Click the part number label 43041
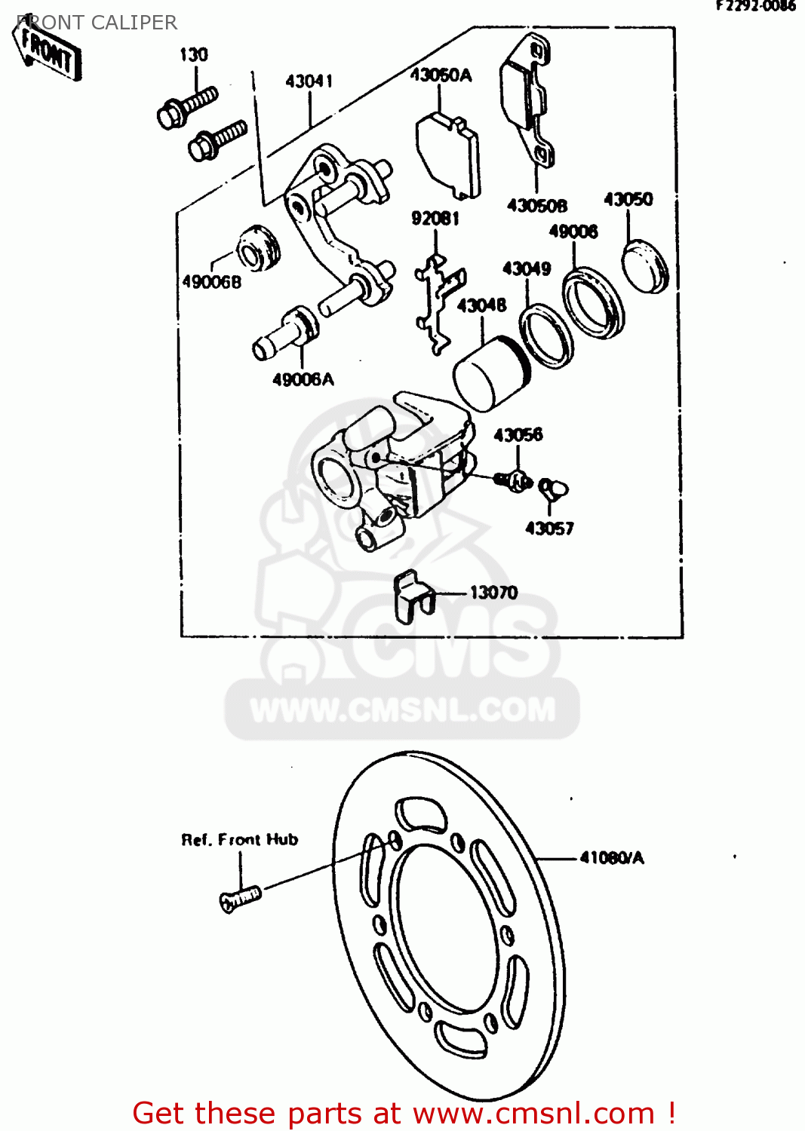click(x=309, y=81)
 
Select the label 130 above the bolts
click(x=193, y=55)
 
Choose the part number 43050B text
click(x=536, y=206)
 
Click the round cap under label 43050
click(x=645, y=266)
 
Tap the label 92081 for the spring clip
click(x=435, y=219)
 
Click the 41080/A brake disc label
click(x=612, y=858)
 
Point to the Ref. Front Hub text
click(x=240, y=840)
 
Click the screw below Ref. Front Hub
click(x=240, y=898)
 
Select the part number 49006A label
click(x=303, y=380)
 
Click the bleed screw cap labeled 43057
click(x=554, y=489)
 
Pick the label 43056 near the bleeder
click(x=518, y=435)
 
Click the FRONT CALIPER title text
click(x=97, y=23)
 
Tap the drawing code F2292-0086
click(x=755, y=6)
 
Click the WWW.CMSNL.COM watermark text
click(x=402, y=710)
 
